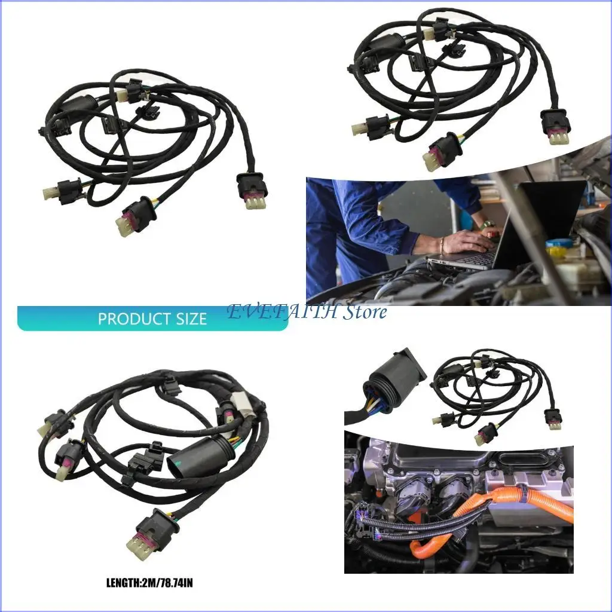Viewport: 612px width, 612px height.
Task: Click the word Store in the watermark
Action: click(x=365, y=312)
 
